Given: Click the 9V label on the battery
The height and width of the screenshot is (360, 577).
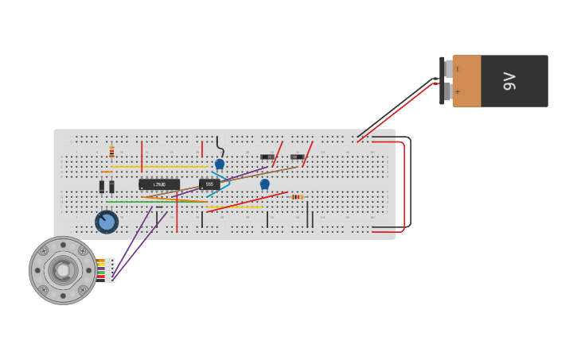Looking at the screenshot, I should point(509,81).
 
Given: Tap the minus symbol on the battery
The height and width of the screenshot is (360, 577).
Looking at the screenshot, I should point(458,69).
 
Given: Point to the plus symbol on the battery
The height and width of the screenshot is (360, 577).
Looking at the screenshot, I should point(458,91).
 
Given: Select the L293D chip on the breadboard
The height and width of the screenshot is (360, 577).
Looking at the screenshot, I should point(159,184).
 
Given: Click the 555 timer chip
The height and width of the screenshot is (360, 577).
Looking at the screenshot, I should point(209,184).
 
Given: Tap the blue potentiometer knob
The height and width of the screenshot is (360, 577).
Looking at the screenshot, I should point(107,222).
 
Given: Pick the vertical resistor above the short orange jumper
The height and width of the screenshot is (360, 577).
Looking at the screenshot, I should point(111,152).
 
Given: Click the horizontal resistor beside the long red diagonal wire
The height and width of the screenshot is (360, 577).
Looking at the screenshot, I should point(297,196).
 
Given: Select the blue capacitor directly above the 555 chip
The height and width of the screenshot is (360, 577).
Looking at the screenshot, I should point(220,164).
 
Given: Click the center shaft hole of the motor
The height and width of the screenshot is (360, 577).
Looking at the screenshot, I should point(63,270).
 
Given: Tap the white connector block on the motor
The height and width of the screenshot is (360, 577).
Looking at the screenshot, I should point(110,270).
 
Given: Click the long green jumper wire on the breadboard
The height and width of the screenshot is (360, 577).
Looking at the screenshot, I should point(151,202).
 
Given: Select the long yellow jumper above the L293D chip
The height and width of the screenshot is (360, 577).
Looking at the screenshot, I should point(159,167).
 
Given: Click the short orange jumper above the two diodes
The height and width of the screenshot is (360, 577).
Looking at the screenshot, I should point(106,172).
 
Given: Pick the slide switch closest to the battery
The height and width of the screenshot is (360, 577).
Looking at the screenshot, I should point(297,157).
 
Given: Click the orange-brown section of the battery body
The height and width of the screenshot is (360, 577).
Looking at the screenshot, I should point(467,81).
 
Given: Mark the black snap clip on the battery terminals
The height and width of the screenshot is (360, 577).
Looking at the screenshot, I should point(442,80).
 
